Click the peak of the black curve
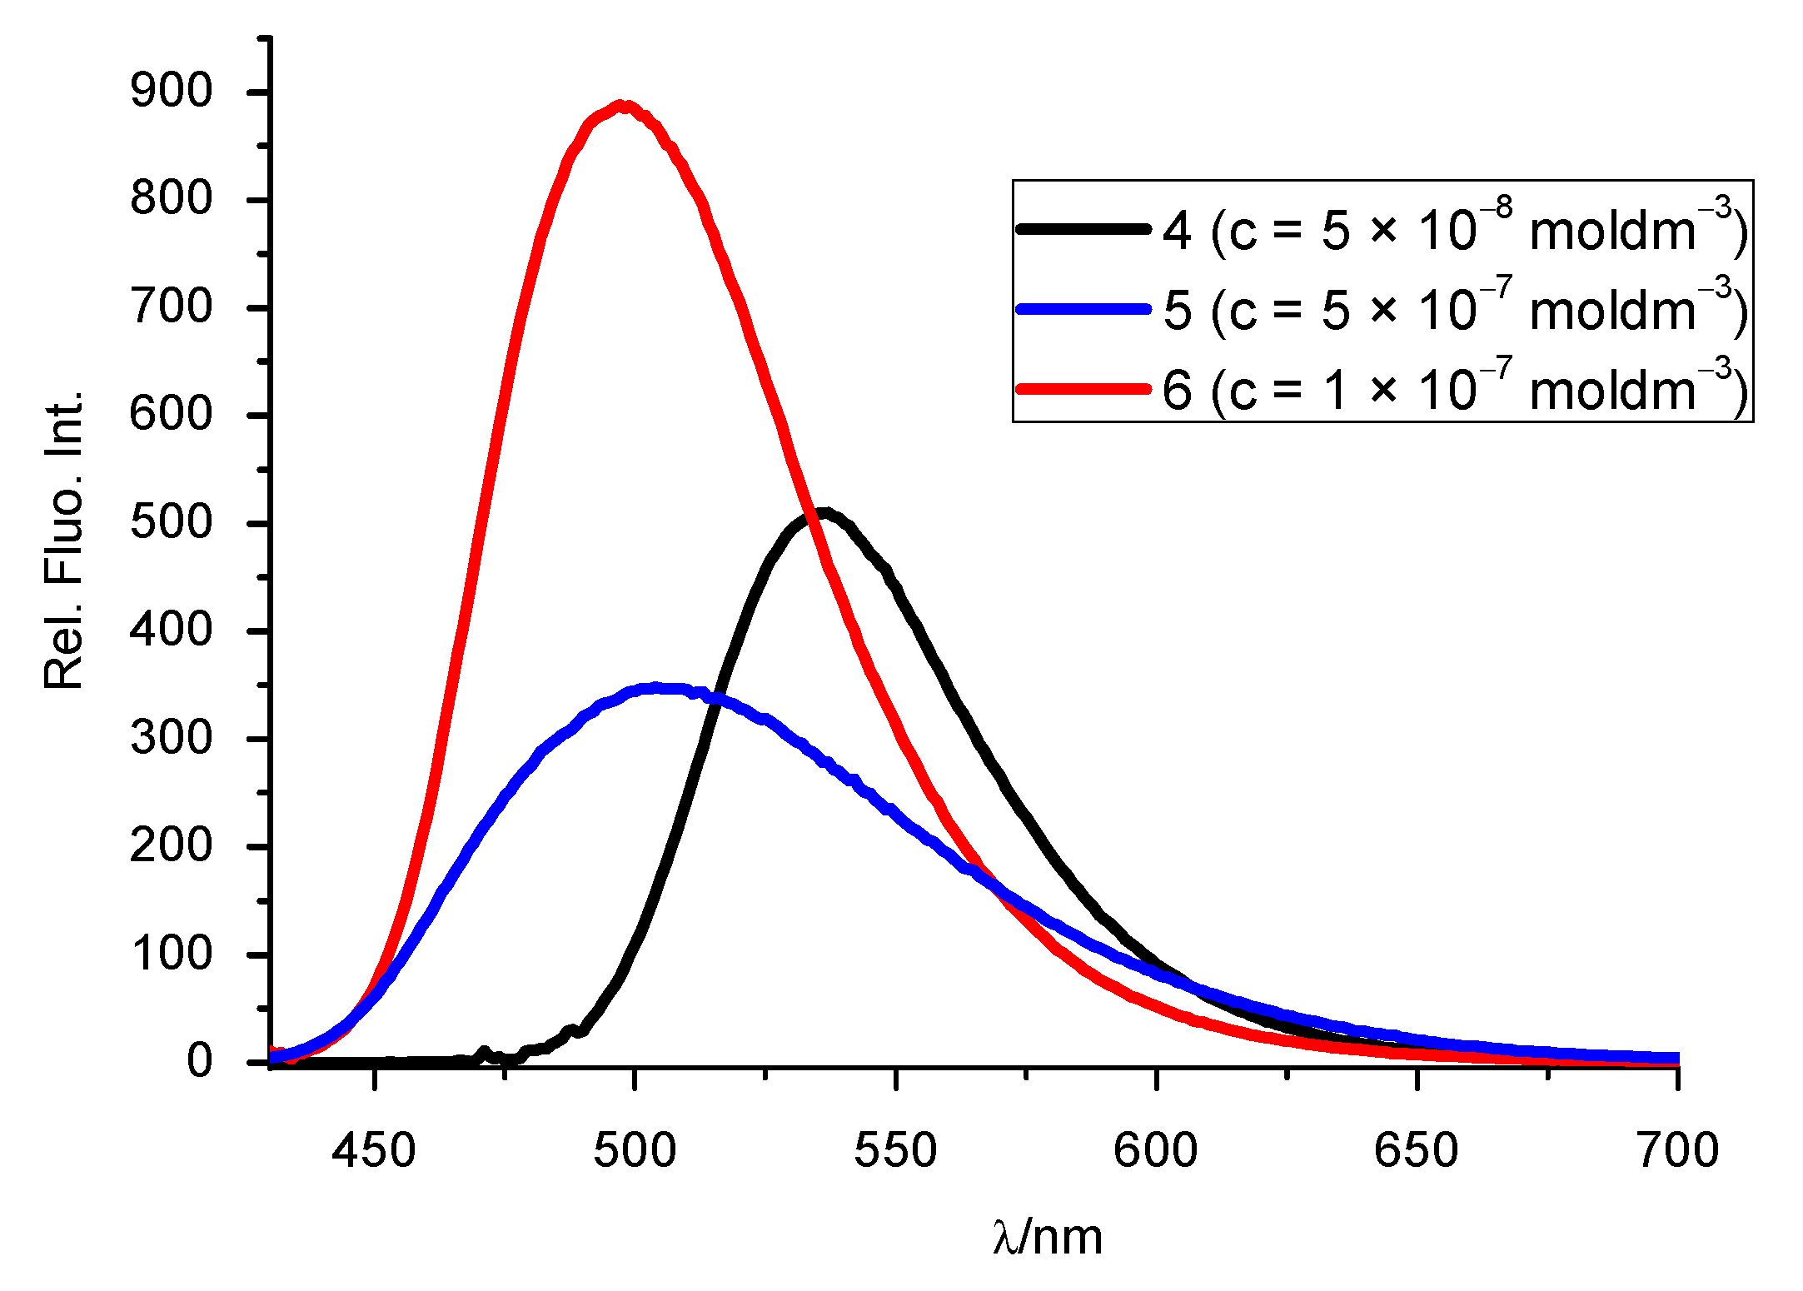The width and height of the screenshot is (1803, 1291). [823, 513]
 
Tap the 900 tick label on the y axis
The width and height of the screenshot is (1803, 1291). [172, 91]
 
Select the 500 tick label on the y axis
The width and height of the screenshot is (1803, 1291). [172, 523]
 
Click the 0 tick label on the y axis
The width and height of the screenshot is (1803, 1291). [199, 1061]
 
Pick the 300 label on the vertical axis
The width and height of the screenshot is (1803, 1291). [172, 738]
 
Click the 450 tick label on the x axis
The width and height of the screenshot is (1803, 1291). [374, 1151]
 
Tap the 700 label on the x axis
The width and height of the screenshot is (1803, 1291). [1677, 1151]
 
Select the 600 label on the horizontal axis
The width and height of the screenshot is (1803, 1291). [1156, 1151]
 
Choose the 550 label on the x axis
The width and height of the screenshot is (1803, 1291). [895, 1151]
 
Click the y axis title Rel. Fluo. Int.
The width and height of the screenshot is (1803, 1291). [64, 540]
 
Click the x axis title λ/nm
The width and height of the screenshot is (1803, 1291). [1048, 1237]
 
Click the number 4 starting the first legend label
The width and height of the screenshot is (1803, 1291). [1177, 231]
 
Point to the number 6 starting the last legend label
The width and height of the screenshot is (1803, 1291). [1177, 391]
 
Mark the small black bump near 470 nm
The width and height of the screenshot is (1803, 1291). [484, 1052]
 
